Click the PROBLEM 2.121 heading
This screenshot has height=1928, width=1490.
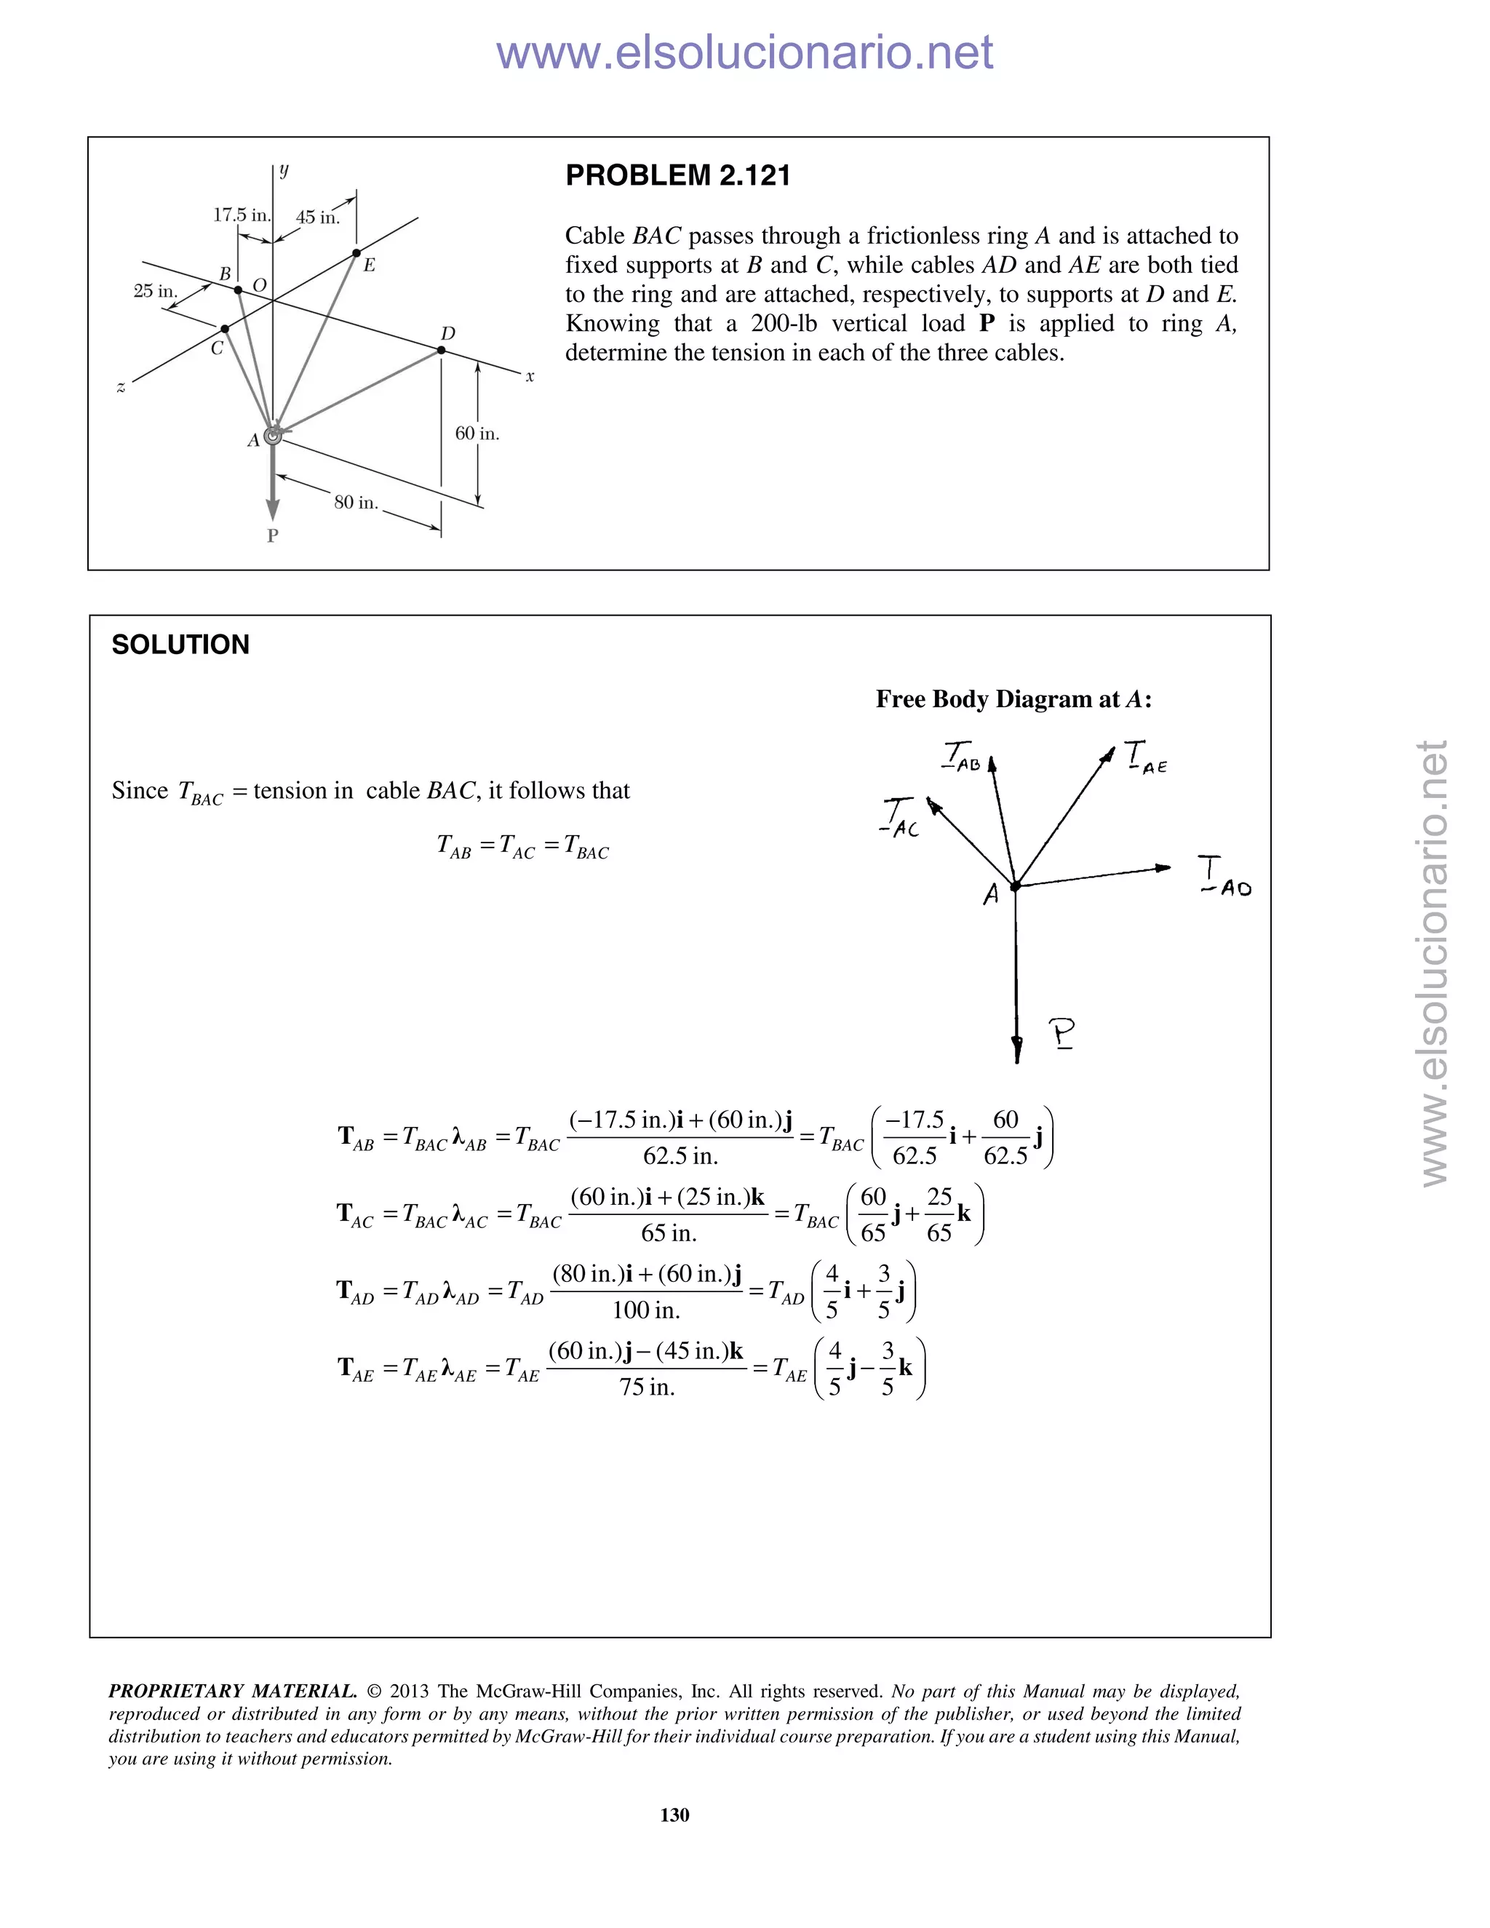[x=677, y=175]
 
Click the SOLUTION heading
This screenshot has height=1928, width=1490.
[x=180, y=645]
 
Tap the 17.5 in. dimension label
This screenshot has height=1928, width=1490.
[x=241, y=215]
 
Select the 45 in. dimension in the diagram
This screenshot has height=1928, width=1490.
[x=317, y=217]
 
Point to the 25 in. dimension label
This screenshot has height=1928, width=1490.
[x=156, y=290]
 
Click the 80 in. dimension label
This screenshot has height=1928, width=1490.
[x=356, y=502]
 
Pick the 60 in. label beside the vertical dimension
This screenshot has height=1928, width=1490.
[x=477, y=434]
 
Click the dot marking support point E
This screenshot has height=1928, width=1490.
[x=356, y=253]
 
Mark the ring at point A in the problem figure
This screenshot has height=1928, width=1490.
[x=274, y=434]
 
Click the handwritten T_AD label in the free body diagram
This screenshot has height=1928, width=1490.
[x=1224, y=876]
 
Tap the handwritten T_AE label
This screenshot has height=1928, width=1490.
[x=1146, y=758]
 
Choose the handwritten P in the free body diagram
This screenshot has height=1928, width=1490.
[x=1062, y=1033]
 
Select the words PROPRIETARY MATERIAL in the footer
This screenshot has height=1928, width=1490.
[x=232, y=1691]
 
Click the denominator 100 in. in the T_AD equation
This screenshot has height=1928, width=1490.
[x=646, y=1310]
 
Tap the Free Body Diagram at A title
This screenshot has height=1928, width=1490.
[x=1013, y=699]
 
